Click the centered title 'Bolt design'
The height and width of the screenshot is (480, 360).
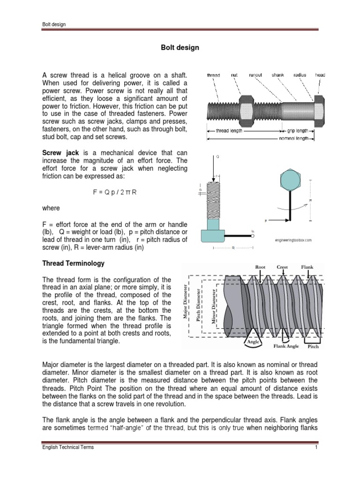[x=180, y=48]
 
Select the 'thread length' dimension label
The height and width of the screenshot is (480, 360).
[x=229, y=131]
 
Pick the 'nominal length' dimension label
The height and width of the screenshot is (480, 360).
[x=293, y=139]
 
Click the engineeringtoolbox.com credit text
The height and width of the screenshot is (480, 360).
[x=293, y=240]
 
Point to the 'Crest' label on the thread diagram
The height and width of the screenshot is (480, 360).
[x=282, y=267]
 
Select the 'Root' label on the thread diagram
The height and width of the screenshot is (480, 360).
[x=260, y=267]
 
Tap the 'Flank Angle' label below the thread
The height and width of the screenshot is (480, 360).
[x=286, y=347]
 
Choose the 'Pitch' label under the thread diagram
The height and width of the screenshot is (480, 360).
[x=313, y=348]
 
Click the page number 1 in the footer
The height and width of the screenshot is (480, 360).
[x=317, y=447]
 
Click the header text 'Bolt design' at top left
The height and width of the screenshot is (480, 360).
[x=52, y=25]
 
